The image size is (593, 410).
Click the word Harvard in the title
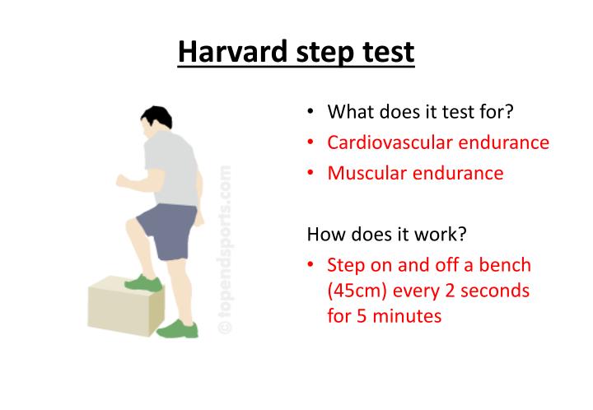[233, 53]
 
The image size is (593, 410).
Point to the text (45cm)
[359, 291]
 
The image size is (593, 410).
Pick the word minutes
[407, 316]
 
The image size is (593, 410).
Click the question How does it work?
[386, 234]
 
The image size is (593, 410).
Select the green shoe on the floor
[180, 328]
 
